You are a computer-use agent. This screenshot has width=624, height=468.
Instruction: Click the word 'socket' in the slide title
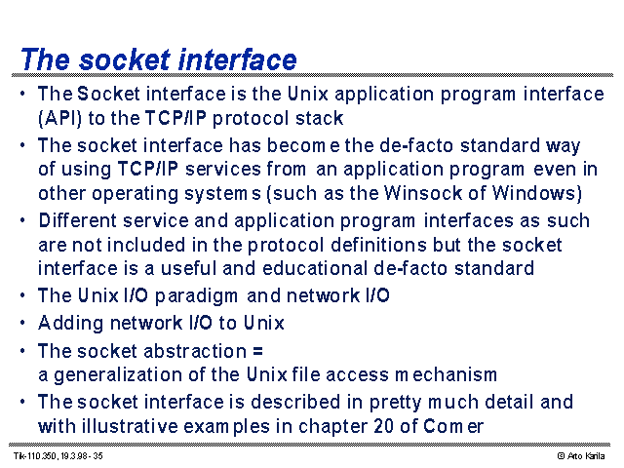pyautogui.click(x=125, y=59)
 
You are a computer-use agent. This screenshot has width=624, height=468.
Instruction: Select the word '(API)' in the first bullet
pyautogui.click(x=59, y=119)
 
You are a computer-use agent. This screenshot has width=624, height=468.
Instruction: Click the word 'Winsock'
pyautogui.click(x=422, y=193)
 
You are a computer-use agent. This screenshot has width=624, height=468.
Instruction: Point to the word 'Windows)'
pyautogui.click(x=537, y=193)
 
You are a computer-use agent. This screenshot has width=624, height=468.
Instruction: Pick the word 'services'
pyautogui.click(x=223, y=169)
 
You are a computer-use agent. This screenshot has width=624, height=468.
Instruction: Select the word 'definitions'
pyautogui.click(x=378, y=245)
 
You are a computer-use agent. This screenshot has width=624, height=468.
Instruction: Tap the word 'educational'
pyautogui.click(x=315, y=268)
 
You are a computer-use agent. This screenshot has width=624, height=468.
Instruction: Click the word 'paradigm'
pyautogui.click(x=196, y=296)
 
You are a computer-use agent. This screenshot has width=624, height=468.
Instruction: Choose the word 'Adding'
pyautogui.click(x=71, y=323)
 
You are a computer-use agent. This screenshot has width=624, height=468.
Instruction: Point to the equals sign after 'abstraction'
pyautogui.click(x=257, y=351)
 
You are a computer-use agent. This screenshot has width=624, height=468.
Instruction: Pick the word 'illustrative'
pyautogui.click(x=130, y=426)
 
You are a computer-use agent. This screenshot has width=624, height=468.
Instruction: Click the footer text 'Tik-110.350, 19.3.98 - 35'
pyautogui.click(x=58, y=456)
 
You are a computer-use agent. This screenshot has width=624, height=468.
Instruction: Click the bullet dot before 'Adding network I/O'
pyautogui.click(x=22, y=323)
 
